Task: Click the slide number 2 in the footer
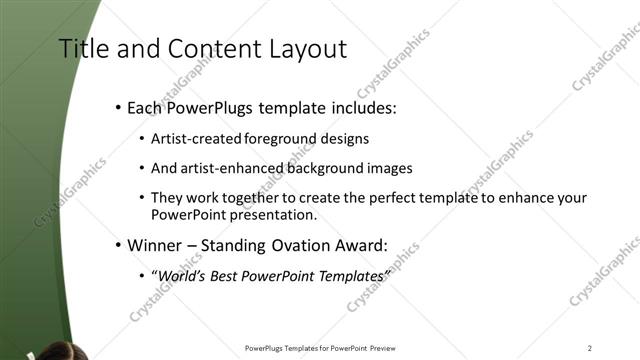(x=589, y=348)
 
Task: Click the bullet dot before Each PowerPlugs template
(x=118, y=106)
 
